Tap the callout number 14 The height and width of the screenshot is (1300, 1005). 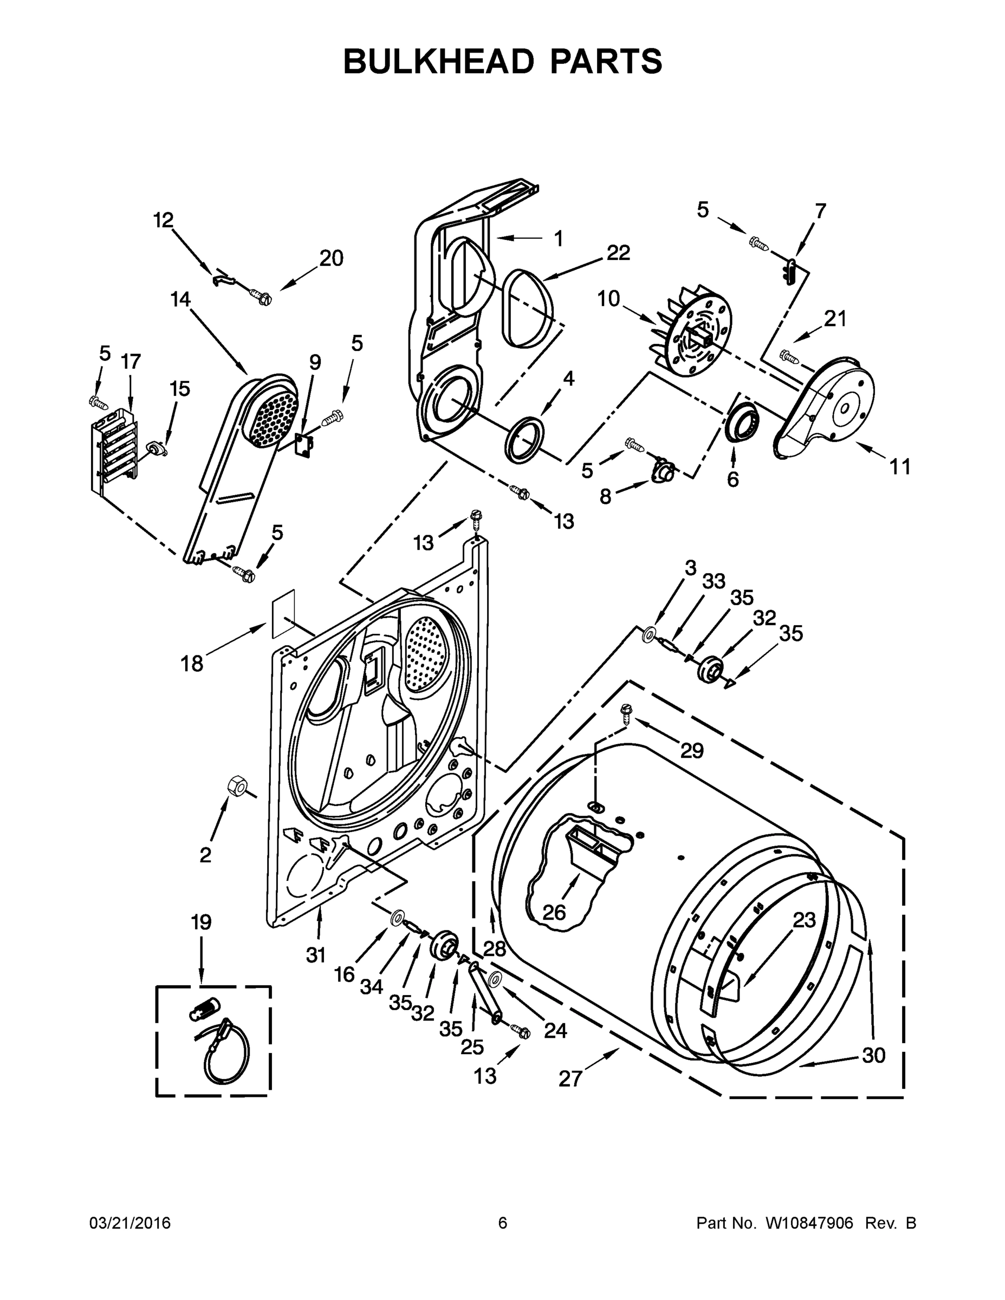click(180, 299)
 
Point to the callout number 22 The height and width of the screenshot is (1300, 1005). click(618, 253)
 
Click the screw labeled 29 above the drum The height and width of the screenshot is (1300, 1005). click(626, 712)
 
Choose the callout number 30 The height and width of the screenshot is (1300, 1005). click(874, 1055)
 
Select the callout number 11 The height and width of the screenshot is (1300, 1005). click(900, 467)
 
